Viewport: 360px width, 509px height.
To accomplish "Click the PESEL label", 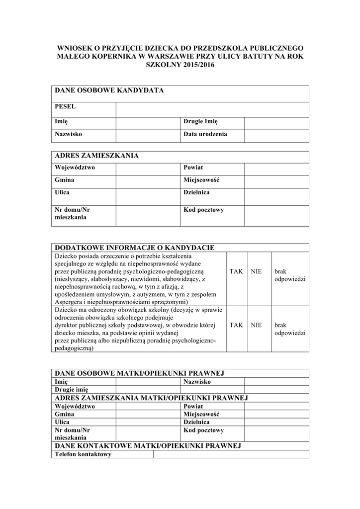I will click(65, 107).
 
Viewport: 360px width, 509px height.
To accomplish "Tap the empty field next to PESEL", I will click(212, 109).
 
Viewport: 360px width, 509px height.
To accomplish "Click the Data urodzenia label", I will click(205, 134).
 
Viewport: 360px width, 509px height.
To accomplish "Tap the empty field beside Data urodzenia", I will click(276, 136).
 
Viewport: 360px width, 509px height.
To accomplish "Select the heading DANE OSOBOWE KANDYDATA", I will click(109, 90).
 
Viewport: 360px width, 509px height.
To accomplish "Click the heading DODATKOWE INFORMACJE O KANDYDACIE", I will click(134, 248).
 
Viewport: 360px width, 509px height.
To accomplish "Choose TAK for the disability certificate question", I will click(236, 272).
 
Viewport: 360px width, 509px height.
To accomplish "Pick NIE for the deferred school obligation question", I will click(256, 325).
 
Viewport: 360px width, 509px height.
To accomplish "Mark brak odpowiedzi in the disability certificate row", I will click(289, 275).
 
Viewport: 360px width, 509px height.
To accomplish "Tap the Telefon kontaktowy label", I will click(83, 454).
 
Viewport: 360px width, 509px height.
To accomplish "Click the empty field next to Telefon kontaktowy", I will click(231, 454).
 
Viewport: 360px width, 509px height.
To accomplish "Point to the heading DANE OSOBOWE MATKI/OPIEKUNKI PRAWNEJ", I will click(140, 373).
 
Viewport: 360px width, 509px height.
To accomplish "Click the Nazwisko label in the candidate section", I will click(69, 134).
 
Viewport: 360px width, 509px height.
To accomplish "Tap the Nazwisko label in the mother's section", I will click(197, 382).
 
